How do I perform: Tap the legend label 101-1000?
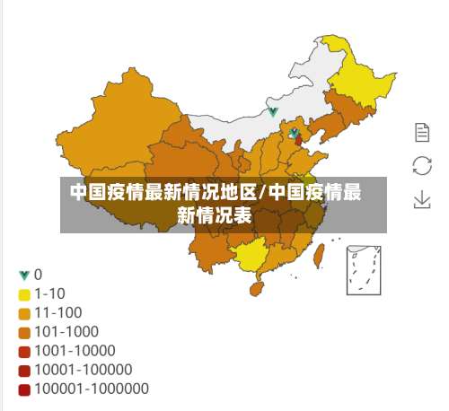(x=66, y=331)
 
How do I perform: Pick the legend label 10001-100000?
(x=84, y=369)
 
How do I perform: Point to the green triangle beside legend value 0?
(x=24, y=274)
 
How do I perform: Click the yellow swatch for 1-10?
(x=24, y=293)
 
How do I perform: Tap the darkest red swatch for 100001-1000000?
(x=24, y=389)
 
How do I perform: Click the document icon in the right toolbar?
(x=422, y=133)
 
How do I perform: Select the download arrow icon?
(x=422, y=198)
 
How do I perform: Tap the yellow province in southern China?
(x=255, y=256)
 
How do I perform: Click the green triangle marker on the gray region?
(x=273, y=112)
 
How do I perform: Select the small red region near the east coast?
(x=298, y=140)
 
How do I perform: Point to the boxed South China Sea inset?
(x=365, y=267)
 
